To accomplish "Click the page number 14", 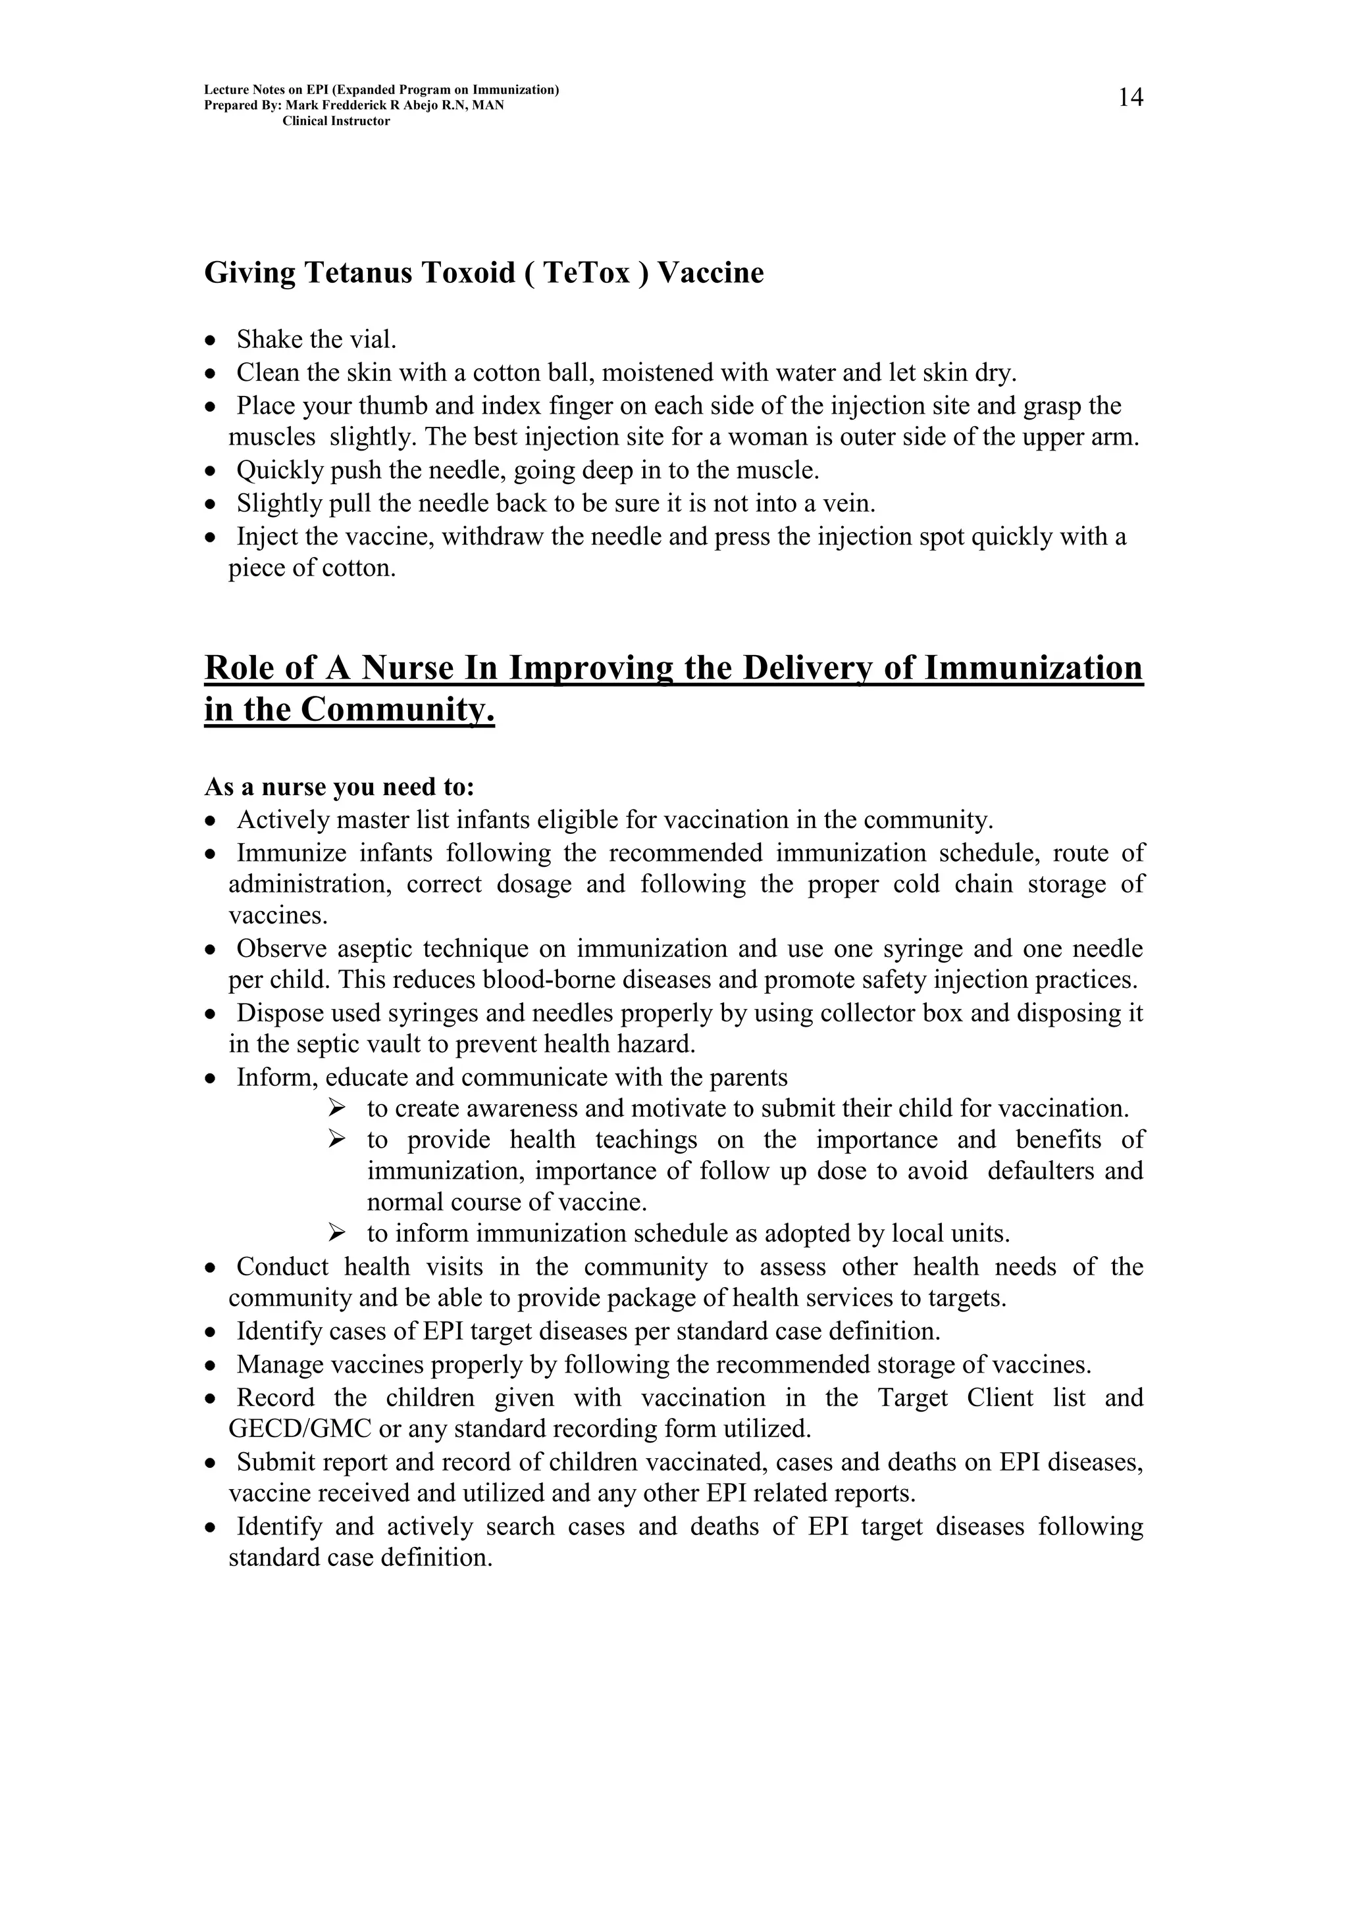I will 1129,98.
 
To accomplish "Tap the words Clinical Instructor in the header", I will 336,121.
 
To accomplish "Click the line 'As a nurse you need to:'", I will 339,786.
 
